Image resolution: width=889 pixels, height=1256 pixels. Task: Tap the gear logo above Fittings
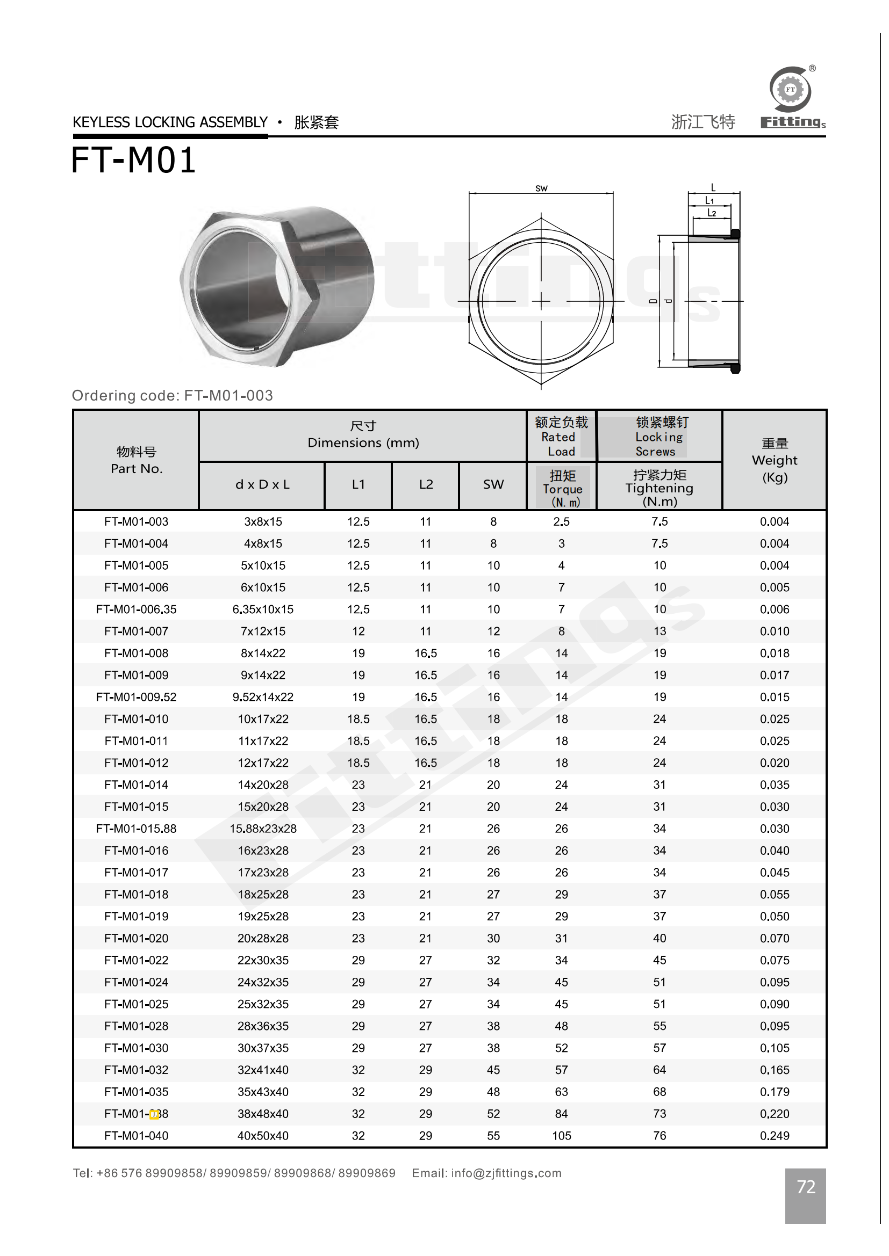790,89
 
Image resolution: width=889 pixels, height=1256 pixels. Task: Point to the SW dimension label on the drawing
541,188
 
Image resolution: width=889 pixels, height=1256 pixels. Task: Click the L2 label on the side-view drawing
712,213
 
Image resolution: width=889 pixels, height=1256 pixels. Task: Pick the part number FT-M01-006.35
137,609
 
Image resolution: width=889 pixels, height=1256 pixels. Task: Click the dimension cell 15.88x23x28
263,828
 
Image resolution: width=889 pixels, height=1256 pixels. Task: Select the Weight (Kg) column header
774,460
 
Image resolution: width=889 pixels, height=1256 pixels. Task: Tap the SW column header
493,484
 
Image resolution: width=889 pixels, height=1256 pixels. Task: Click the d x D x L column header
262,484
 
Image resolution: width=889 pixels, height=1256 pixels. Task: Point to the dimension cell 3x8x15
263,521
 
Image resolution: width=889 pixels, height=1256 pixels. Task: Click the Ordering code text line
173,395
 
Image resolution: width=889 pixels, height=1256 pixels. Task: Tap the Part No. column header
137,460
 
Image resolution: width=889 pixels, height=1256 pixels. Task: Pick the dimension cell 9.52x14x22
263,697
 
